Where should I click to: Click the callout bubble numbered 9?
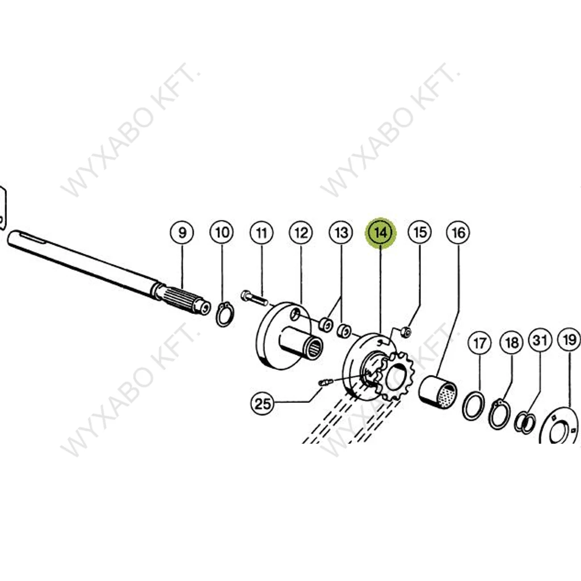[x=182, y=233]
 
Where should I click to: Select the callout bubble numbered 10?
[x=222, y=233]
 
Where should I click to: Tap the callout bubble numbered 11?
[x=261, y=233]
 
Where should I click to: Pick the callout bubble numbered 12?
[x=301, y=233]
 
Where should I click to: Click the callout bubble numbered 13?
[x=341, y=233]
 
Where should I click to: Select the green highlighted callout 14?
[x=381, y=233]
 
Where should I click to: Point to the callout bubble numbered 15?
[x=420, y=232]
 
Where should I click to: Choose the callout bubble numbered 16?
[x=458, y=233]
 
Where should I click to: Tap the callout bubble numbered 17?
[x=479, y=343]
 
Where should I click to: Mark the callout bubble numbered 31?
[x=540, y=340]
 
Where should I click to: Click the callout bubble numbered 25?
[x=262, y=403]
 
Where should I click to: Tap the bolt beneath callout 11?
[x=254, y=298]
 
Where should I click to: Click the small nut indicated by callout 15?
[x=406, y=331]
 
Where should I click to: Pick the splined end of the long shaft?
[x=182, y=301]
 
